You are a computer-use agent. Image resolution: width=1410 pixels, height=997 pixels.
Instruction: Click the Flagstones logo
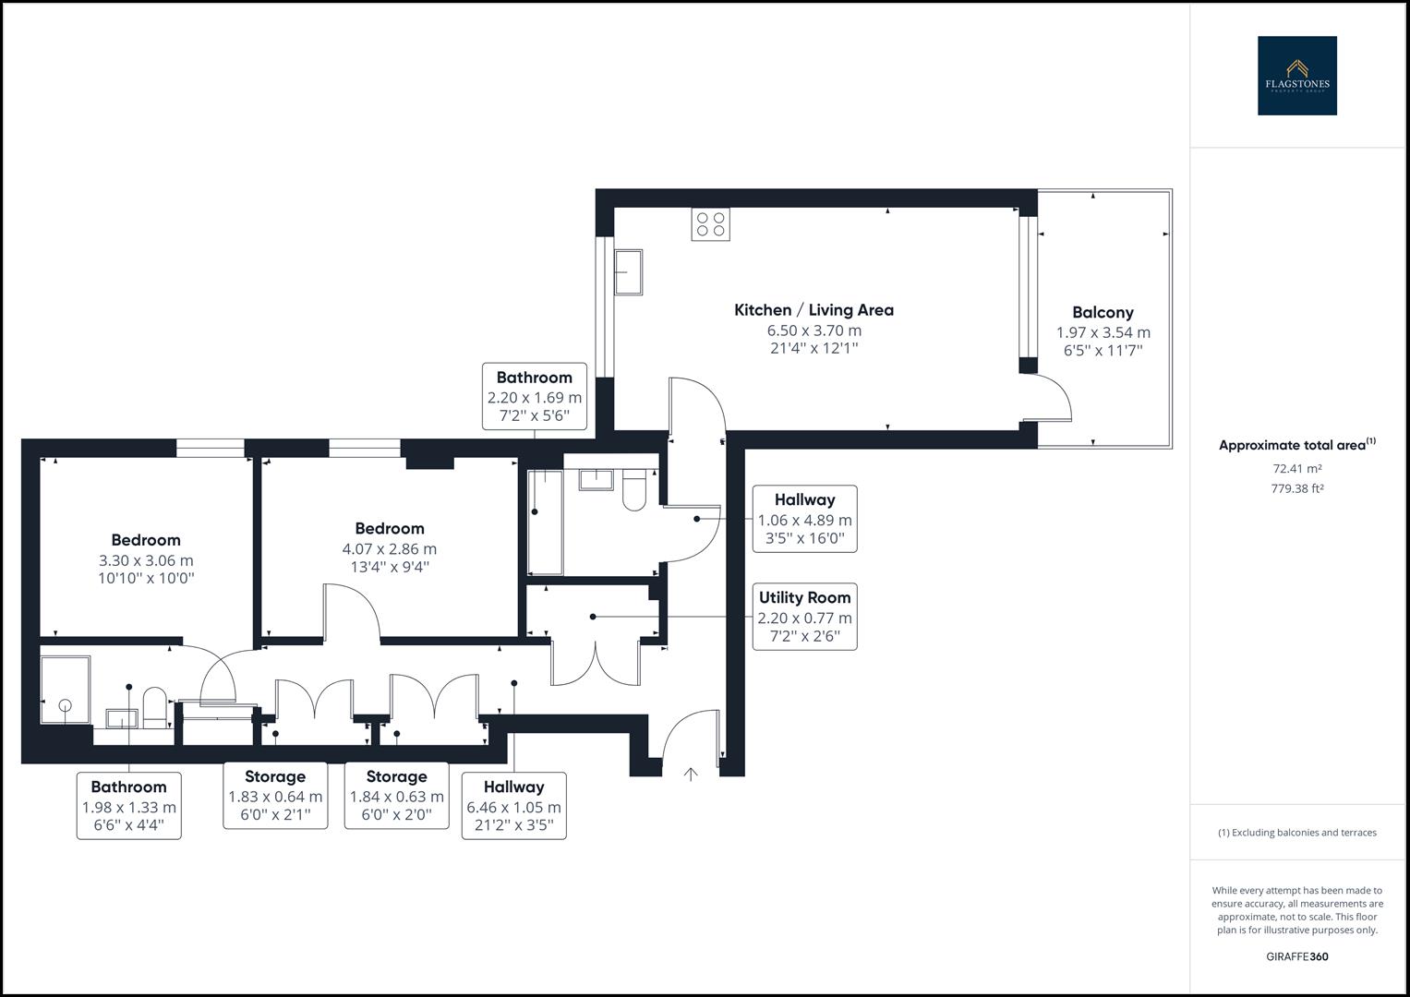pos(1296,76)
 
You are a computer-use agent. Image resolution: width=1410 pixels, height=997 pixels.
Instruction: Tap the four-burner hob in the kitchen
pos(710,224)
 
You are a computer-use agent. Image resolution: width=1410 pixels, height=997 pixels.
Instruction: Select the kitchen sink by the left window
pos(629,272)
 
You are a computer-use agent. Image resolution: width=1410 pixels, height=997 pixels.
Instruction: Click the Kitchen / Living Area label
pos(813,310)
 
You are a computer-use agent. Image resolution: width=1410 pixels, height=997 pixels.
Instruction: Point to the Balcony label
pos(1103,313)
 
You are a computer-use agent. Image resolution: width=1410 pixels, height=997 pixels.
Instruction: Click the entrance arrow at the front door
pos(690,774)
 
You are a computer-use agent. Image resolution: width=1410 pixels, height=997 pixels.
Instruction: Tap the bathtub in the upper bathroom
pos(545,522)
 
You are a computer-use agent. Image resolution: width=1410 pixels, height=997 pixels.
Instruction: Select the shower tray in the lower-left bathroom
pos(65,690)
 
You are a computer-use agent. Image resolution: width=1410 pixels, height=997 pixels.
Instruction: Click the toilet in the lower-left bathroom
pos(154,706)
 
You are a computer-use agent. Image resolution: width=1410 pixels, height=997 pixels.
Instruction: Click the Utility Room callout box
pos(804,616)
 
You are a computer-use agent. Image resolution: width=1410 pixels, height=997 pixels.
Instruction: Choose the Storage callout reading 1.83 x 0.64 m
pos(275,795)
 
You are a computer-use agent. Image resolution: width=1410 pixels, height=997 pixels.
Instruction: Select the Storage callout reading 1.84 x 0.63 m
pos(396,795)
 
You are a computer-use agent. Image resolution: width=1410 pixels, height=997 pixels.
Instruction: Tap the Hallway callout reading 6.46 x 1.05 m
pos(513,805)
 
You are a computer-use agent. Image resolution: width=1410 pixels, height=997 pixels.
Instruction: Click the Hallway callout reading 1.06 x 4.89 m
pos(804,518)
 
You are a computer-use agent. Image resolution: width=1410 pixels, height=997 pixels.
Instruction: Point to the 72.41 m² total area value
pos(1296,469)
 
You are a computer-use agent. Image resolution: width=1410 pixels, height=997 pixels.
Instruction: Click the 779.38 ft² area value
pos(1296,489)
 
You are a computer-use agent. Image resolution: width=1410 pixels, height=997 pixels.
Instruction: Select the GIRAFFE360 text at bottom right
pos(1296,956)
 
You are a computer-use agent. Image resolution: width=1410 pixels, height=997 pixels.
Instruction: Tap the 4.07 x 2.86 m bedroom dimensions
pos(389,549)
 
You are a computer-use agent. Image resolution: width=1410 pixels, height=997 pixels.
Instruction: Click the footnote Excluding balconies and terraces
pos(1296,833)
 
